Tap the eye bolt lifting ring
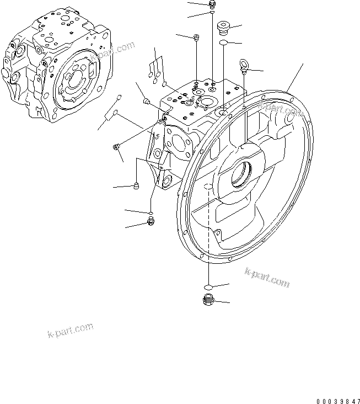[x=244, y=65]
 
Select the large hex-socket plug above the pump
[x=223, y=28]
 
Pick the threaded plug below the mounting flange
[x=207, y=301]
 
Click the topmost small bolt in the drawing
[x=212, y=5]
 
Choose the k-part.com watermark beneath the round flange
[x=266, y=277]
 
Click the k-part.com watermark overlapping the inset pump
[x=113, y=52]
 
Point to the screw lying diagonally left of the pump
[x=116, y=146]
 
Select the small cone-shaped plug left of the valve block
[x=147, y=100]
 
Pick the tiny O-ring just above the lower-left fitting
[x=150, y=211]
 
